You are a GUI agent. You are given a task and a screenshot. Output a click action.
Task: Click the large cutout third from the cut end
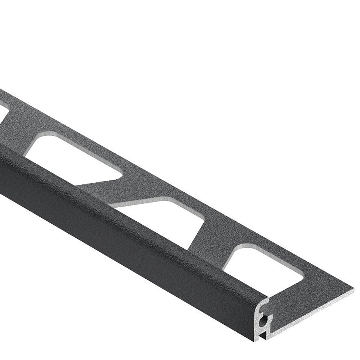[x=76, y=158]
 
